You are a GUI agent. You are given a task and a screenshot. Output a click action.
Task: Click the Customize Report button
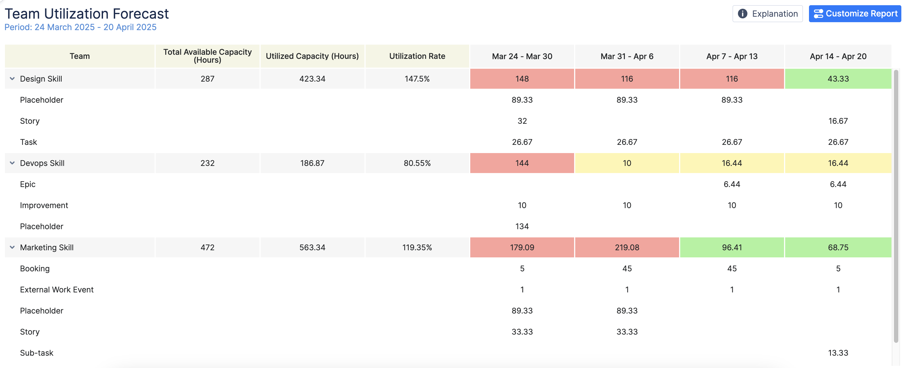pos(855,14)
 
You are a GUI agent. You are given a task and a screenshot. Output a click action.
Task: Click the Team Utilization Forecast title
pos(87,14)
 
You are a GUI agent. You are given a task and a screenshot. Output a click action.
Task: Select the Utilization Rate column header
pos(417,56)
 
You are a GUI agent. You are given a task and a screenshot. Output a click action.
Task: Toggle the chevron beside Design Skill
pos(12,79)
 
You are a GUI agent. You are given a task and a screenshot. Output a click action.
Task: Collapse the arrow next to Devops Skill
pos(12,163)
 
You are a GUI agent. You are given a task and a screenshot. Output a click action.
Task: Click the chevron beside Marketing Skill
pos(12,248)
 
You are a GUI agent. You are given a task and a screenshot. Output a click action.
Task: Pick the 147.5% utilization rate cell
pos(417,79)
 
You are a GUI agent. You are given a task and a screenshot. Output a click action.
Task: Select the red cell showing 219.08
pos(627,248)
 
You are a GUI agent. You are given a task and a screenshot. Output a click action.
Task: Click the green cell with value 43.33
pos(838,79)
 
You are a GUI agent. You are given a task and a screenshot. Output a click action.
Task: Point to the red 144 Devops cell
pos(522,163)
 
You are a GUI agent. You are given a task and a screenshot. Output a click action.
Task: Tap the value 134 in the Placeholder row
pos(522,226)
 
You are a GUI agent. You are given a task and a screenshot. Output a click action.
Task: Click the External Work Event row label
pos(57,290)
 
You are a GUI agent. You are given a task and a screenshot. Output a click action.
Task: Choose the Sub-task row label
pos(36,353)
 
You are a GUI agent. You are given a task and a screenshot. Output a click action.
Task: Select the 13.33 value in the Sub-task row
pos(838,353)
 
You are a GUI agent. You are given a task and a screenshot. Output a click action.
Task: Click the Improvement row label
pos(44,205)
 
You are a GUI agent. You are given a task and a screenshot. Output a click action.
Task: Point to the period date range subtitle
pos(80,27)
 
